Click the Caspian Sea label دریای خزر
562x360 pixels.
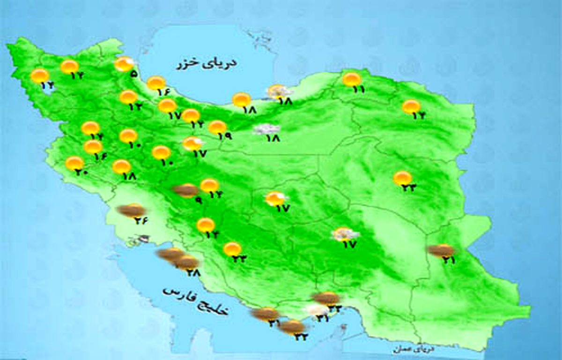coord(206,64)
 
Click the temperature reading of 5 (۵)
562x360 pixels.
coord(134,74)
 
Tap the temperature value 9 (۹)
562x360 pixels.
coord(198,201)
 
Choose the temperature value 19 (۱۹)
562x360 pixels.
coord(225,136)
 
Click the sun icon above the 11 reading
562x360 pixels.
coord(351,79)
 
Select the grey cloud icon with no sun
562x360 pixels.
coord(266,129)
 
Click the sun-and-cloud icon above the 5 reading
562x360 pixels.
coord(125,64)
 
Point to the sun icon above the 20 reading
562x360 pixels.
coord(74,163)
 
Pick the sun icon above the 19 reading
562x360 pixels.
coord(217,127)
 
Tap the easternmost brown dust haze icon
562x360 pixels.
coord(441,250)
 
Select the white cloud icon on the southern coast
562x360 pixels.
coord(316,309)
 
